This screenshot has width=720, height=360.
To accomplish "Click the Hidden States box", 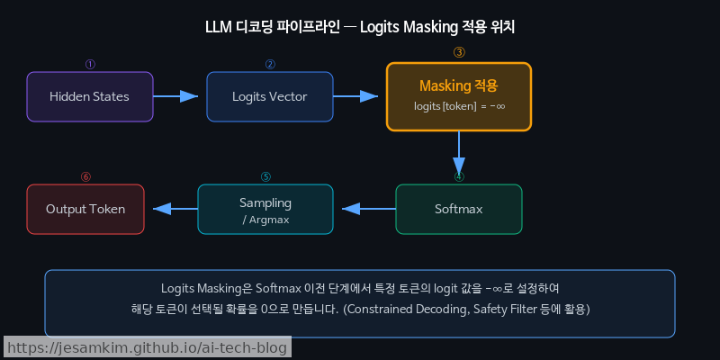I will (x=89, y=96).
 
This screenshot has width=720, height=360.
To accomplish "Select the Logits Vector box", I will (x=269, y=96).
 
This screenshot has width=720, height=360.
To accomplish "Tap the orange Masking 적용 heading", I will (x=458, y=85).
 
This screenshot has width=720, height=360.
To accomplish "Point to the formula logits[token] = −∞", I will (x=459, y=106).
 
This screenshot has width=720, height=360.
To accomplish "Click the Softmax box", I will (x=458, y=209).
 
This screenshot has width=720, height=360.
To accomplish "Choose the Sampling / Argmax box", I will (x=265, y=209).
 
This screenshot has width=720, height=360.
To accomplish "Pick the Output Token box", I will (x=85, y=209).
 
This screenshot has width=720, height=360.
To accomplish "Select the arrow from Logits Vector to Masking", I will (x=359, y=96).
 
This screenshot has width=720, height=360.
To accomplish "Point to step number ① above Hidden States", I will (x=89, y=65).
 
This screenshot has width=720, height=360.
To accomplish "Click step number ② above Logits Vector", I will (x=269, y=65).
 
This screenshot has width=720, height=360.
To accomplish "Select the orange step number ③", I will (x=459, y=52).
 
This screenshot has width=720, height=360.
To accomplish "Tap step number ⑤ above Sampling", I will (x=265, y=177).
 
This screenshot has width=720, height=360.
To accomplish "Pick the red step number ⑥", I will (x=85, y=177).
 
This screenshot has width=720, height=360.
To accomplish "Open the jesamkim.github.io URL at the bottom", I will (x=147, y=347).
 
